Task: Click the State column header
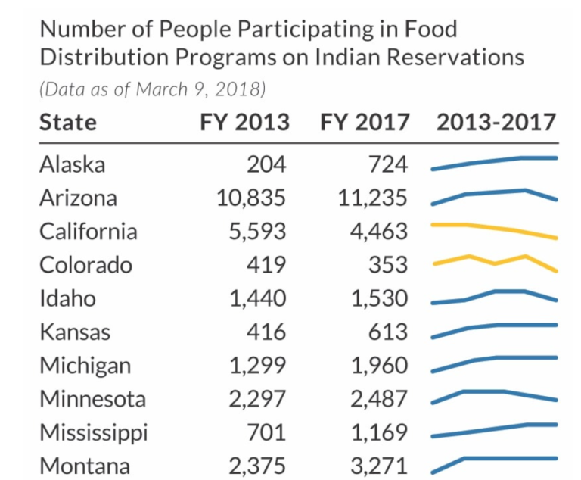point(68,123)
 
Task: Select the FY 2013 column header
point(244,123)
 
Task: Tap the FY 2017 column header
point(365,123)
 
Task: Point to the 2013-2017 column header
point(496,123)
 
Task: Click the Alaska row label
point(73,165)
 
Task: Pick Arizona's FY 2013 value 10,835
point(251,198)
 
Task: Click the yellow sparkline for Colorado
point(495,263)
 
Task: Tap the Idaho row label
point(68,298)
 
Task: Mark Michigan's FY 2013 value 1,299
point(258,365)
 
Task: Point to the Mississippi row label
point(94,432)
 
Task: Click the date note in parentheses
point(152,89)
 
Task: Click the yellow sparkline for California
point(495,229)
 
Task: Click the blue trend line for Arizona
point(495,195)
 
